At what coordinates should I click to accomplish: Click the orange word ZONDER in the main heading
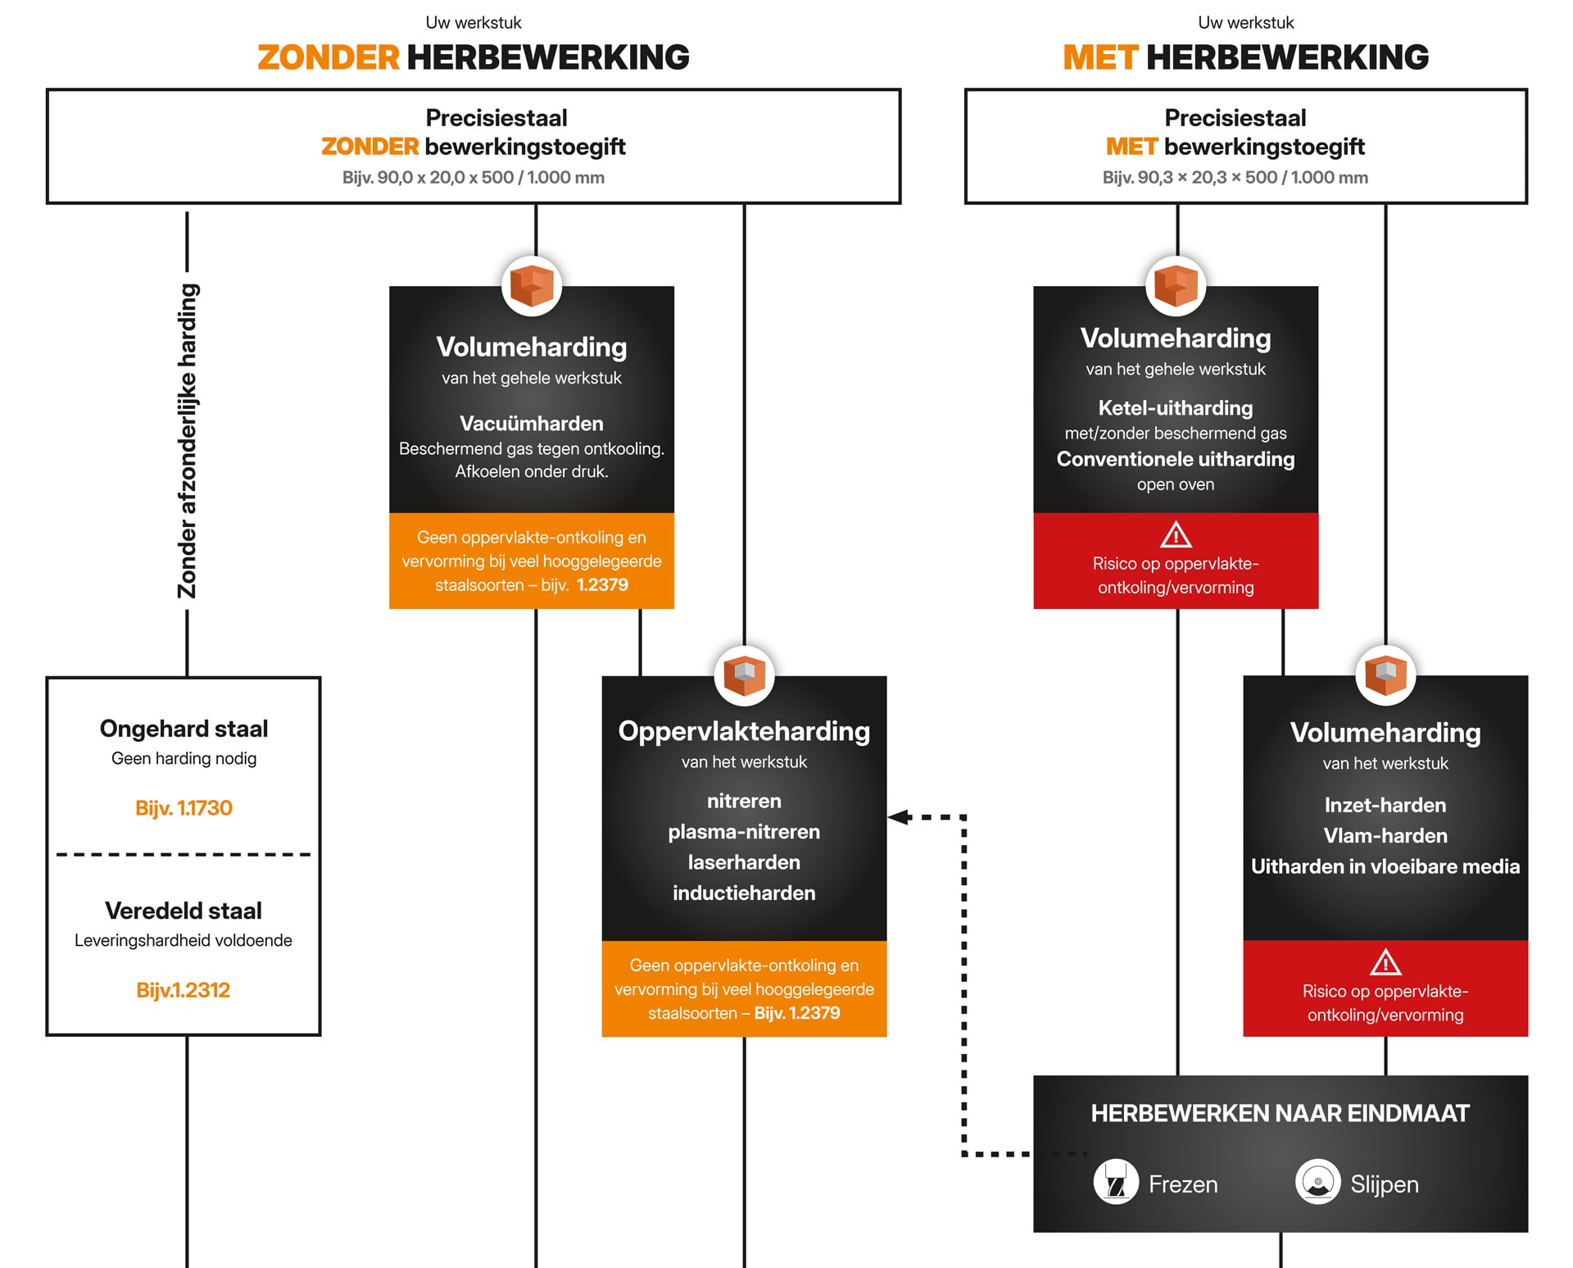pyautogui.click(x=329, y=58)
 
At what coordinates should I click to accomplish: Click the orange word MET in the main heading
pyautogui.click(x=1099, y=58)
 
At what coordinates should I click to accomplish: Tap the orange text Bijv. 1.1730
pyautogui.click(x=184, y=808)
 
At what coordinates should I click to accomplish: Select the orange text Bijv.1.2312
pyautogui.click(x=184, y=990)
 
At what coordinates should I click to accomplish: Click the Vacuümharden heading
pyautogui.click(x=531, y=424)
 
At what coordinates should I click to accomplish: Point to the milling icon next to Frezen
pyautogui.click(x=1116, y=1182)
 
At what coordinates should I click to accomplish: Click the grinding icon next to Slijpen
pyautogui.click(x=1317, y=1182)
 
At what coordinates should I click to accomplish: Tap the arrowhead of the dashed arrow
pyautogui.click(x=898, y=817)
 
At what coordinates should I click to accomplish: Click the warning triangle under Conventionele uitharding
pyautogui.click(x=1176, y=535)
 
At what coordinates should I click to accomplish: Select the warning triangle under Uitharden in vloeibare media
pyautogui.click(x=1385, y=962)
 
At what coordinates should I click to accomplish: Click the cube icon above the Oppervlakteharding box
pyautogui.click(x=744, y=676)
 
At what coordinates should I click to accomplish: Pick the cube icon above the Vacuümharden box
pyautogui.click(x=532, y=286)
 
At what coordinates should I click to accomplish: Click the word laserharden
pyautogui.click(x=744, y=862)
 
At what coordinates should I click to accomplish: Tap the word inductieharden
pyautogui.click(x=744, y=893)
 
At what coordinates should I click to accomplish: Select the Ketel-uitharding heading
pyautogui.click(x=1176, y=408)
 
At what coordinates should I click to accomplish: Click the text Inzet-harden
pyautogui.click(x=1385, y=805)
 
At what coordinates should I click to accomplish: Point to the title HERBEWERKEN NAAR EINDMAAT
pyautogui.click(x=1280, y=1113)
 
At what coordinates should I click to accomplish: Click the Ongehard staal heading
pyautogui.click(x=184, y=729)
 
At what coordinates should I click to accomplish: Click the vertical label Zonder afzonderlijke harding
pyautogui.click(x=188, y=441)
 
